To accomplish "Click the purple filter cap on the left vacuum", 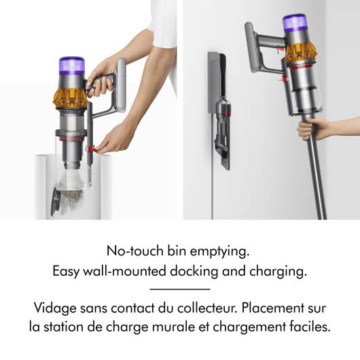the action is pos(71,66).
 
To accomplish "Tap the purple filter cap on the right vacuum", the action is pos(295,23).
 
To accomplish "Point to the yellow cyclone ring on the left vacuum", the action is pos(70,98).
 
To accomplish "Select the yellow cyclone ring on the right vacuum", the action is pos(301,52).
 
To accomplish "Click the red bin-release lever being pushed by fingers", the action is pos(90,148).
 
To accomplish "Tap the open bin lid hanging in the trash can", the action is pos(55,202).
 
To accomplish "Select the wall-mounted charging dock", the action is pos(219,110).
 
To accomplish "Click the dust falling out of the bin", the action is pos(71,192).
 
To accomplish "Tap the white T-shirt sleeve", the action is pos(162,25).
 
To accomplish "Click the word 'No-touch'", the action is pos(135,251).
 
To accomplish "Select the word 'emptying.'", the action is pos(219,252).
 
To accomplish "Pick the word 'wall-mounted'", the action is pos(124,271).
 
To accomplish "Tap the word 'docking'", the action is pos(194,272).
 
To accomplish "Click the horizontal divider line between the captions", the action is pos(180,289).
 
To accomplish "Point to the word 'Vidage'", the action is pos(55,308).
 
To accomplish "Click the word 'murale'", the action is pos(174,327).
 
